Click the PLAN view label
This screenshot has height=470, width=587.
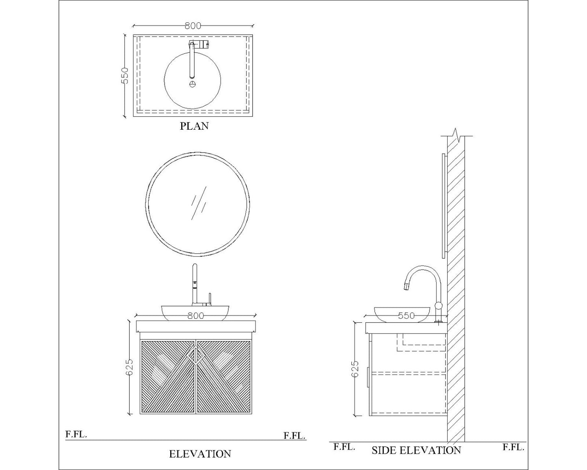[x=194, y=126]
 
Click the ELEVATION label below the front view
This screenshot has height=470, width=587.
[x=200, y=454]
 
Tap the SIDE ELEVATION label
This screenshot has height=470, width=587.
[x=416, y=450]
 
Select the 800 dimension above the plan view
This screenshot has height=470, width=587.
[x=193, y=26]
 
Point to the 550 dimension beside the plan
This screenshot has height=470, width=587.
[x=126, y=76]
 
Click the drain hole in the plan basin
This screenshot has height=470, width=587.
[x=193, y=84]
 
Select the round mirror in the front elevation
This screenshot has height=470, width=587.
[x=197, y=204]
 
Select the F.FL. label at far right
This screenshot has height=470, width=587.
[x=513, y=448]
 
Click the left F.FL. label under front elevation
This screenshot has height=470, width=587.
[x=76, y=434]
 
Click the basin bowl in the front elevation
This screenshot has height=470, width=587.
[x=192, y=313]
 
